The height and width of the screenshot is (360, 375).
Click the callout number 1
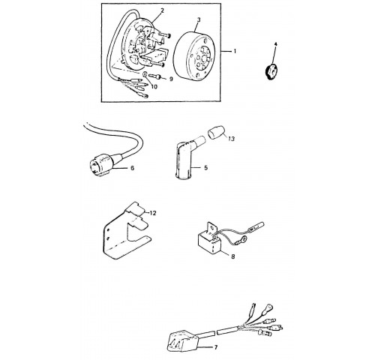235,51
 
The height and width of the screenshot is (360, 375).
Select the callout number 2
162,10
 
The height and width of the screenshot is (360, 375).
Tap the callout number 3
199,19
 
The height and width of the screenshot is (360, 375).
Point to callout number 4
275,44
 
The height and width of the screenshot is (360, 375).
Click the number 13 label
232,138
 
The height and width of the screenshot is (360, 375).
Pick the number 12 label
153,213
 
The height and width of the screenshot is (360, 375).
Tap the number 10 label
154,87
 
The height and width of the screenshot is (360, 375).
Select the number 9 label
171,79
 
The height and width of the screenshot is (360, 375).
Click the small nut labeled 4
271,72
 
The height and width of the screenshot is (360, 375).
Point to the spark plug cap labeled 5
187,157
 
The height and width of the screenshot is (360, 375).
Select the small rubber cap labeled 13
216,132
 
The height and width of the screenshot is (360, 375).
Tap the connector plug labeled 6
101,164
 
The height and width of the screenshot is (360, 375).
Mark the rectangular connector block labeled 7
183,342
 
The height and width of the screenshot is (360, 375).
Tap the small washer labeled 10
145,75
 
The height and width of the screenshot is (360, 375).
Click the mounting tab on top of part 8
211,229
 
